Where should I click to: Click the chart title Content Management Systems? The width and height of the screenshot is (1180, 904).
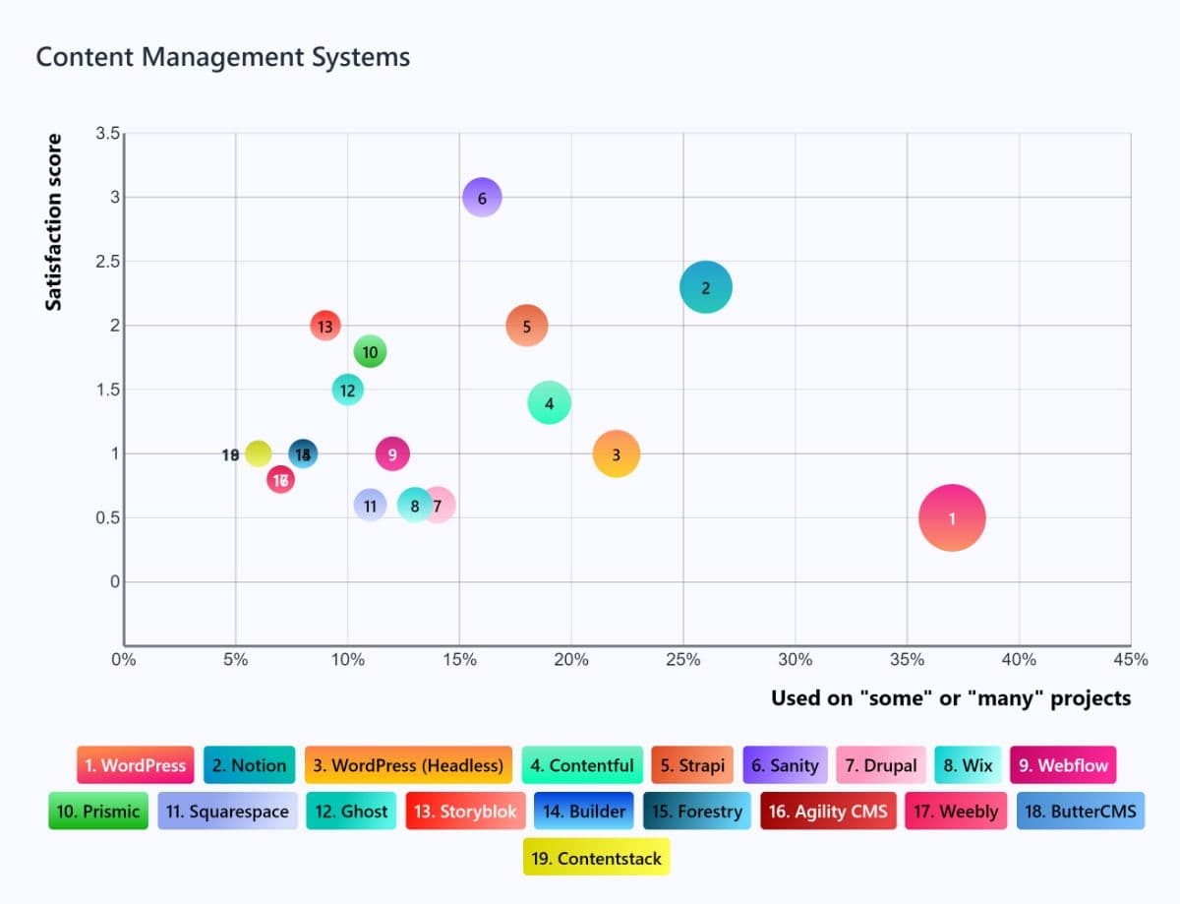[222, 57]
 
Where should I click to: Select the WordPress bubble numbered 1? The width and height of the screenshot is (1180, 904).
[951, 518]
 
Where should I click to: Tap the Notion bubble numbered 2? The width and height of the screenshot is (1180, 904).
[705, 287]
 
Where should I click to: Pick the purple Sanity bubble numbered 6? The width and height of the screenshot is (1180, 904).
[482, 198]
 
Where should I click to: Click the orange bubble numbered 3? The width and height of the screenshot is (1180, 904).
[617, 454]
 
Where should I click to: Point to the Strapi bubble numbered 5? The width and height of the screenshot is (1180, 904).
[527, 326]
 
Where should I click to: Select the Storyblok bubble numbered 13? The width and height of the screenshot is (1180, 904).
[325, 326]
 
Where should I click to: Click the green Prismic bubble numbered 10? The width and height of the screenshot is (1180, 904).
[370, 351]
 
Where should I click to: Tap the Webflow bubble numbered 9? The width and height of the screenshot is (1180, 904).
[392, 454]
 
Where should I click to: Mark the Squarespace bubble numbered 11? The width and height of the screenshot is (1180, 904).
[370, 506]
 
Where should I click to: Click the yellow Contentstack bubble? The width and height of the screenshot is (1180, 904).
[258, 453]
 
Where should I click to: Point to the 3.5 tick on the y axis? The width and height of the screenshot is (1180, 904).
[107, 134]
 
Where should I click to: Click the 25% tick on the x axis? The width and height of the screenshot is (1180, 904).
[683, 660]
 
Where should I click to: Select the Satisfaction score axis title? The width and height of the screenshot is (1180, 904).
[54, 222]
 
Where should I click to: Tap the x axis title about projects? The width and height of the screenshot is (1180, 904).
[950, 698]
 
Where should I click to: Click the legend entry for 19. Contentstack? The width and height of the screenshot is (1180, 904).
[596, 858]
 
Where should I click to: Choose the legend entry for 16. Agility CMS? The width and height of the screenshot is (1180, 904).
[828, 812]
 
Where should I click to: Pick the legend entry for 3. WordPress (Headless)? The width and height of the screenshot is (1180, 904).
[408, 765]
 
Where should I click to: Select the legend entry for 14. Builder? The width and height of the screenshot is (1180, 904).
[584, 812]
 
